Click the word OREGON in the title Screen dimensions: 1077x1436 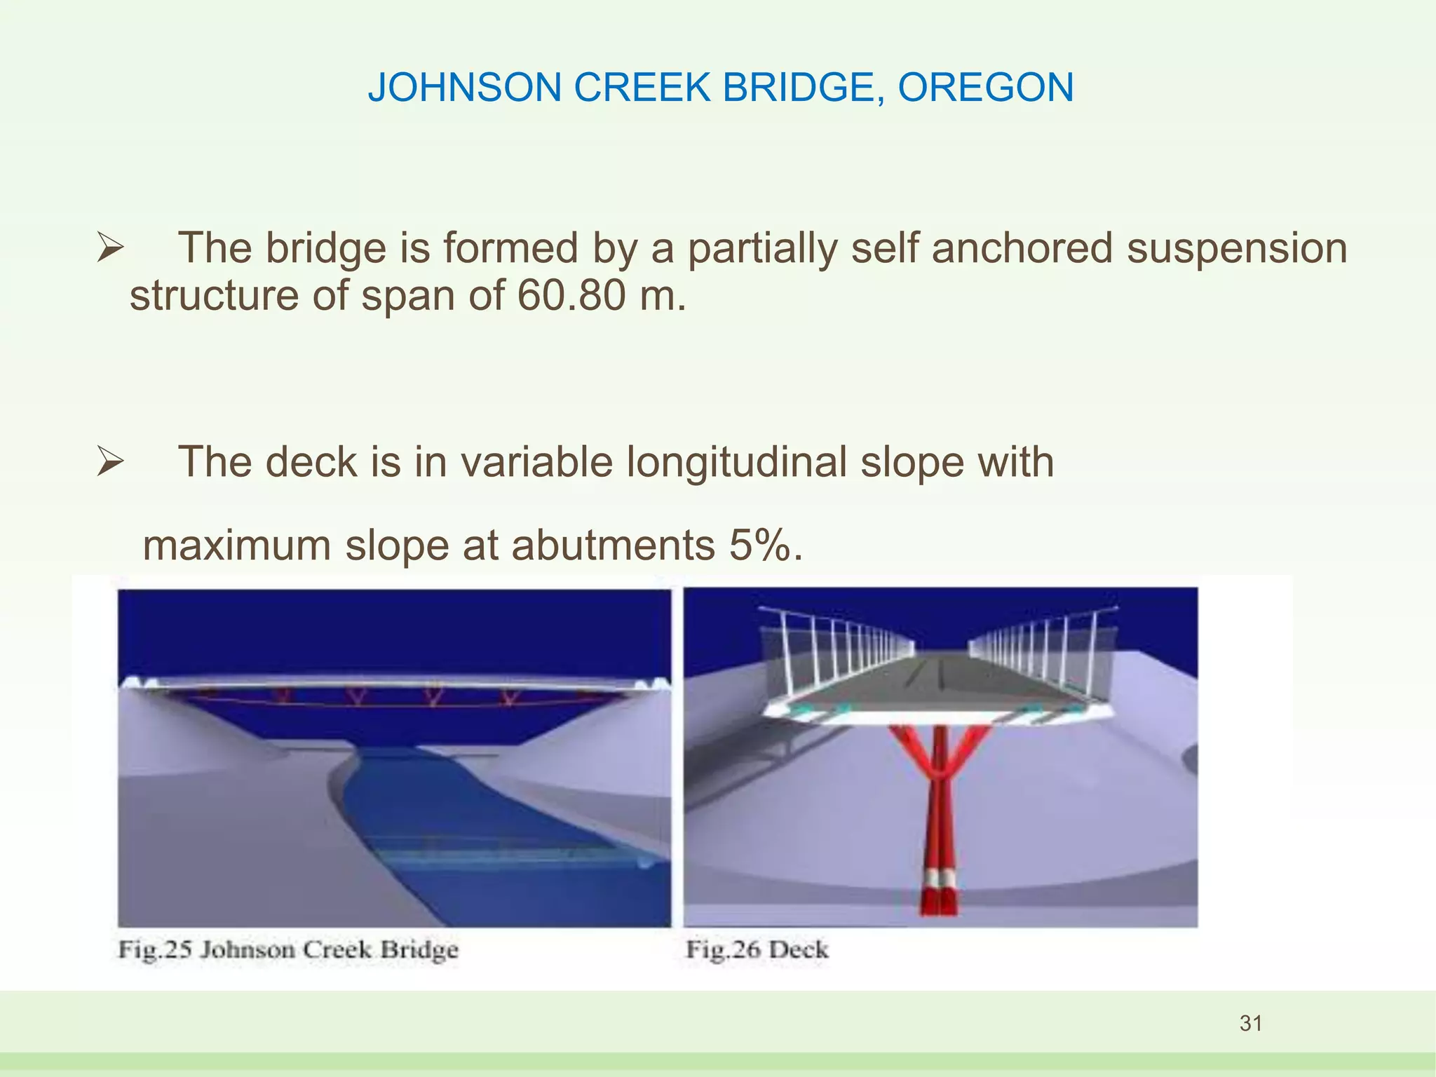click(x=985, y=88)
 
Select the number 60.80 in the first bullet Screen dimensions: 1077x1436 click(x=571, y=295)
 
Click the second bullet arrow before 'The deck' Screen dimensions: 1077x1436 click(x=110, y=462)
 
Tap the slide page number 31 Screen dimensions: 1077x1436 click(x=1251, y=1023)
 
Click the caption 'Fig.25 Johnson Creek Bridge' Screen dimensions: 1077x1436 click(x=288, y=950)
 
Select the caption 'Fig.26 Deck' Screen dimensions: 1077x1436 click(x=757, y=950)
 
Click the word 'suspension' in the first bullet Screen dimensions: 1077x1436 click(x=1237, y=249)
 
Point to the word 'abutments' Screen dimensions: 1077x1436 click(x=613, y=545)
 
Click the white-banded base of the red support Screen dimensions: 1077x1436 click(x=938, y=880)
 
